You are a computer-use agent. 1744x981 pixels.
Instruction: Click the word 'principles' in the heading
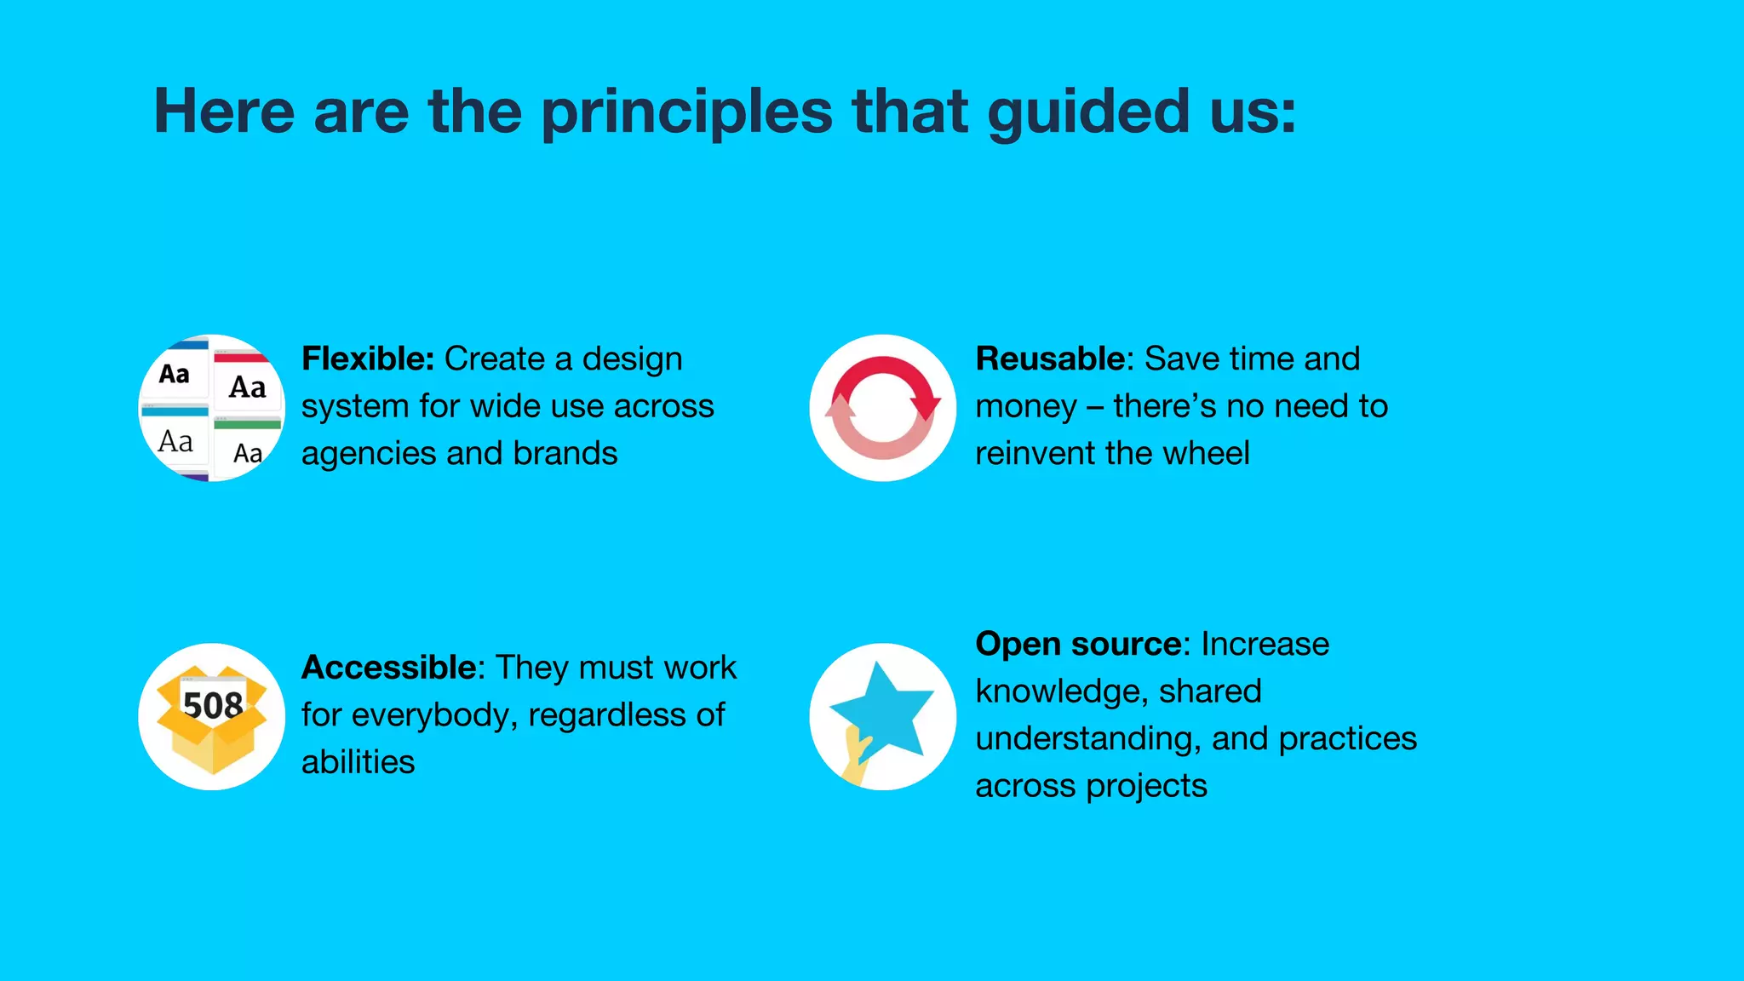(686, 112)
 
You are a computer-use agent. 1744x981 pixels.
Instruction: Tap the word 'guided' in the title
(1087, 112)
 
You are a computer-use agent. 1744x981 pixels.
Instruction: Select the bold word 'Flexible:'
(368, 359)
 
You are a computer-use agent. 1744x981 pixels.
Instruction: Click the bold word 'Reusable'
(1050, 359)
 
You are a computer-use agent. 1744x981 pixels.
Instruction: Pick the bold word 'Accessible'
(387, 668)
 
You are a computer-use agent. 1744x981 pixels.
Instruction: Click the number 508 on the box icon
(213, 705)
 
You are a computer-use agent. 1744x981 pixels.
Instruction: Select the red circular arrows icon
(883, 407)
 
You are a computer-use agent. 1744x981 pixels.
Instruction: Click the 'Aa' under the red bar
(248, 387)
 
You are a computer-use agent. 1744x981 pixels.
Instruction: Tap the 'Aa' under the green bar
(248, 453)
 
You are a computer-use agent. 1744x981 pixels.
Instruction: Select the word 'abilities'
(358, 762)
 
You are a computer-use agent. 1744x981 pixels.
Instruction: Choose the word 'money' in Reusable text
(1025, 407)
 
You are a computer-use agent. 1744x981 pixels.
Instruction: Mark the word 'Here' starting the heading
(224, 112)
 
